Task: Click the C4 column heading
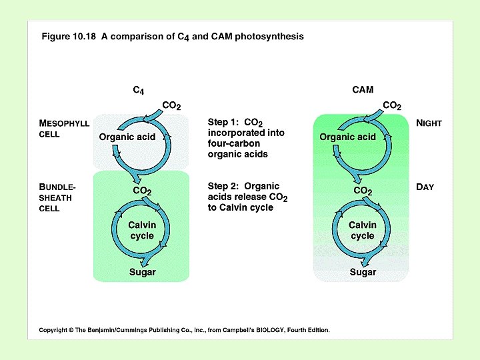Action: tap(139, 90)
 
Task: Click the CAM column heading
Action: tap(363, 89)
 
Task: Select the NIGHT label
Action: tap(429, 123)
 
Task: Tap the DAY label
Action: tap(425, 187)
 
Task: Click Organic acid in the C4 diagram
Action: tap(127, 137)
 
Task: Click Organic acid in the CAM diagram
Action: tap(347, 137)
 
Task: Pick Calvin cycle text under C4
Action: tap(142, 230)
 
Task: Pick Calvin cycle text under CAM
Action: tap(362, 230)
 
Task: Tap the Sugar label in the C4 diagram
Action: tap(142, 272)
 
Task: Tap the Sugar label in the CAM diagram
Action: tap(363, 272)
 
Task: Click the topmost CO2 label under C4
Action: tap(171, 105)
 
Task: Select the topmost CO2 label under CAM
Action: tap(392, 105)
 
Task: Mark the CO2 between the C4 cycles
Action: tap(142, 191)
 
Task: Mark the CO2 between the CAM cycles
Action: tap(363, 191)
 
